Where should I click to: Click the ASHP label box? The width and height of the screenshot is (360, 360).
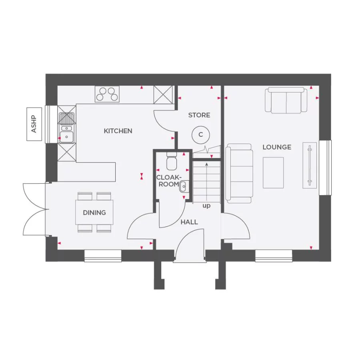pyautogui.click(x=34, y=124)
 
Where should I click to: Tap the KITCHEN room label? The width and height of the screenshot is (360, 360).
pyautogui.click(x=118, y=131)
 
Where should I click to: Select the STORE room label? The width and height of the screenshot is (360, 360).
pyautogui.click(x=199, y=115)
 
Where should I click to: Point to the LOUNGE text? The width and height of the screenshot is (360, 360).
pyautogui.click(x=277, y=147)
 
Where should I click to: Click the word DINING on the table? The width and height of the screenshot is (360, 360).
pyautogui.click(x=94, y=212)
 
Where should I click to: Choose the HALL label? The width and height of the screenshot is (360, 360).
pyautogui.click(x=189, y=222)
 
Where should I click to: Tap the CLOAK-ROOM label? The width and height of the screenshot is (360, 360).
pyautogui.click(x=168, y=181)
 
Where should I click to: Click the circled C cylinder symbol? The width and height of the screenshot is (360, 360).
pyautogui.click(x=201, y=135)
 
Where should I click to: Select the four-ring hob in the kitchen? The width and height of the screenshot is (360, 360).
pyautogui.click(x=107, y=94)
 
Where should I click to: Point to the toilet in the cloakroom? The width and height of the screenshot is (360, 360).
pyautogui.click(x=172, y=162)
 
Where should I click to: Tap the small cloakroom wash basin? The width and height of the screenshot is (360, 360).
pyautogui.click(x=184, y=186)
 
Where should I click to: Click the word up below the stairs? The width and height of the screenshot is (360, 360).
pyautogui.click(x=206, y=206)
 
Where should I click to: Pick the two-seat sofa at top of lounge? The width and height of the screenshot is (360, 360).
pyautogui.click(x=286, y=100)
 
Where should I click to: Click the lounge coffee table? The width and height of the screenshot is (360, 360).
pyautogui.click(x=273, y=172)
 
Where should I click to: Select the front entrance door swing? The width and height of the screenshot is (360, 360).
pyautogui.click(x=189, y=248)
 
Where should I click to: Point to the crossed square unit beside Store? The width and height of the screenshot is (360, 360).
pyautogui.click(x=163, y=95)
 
